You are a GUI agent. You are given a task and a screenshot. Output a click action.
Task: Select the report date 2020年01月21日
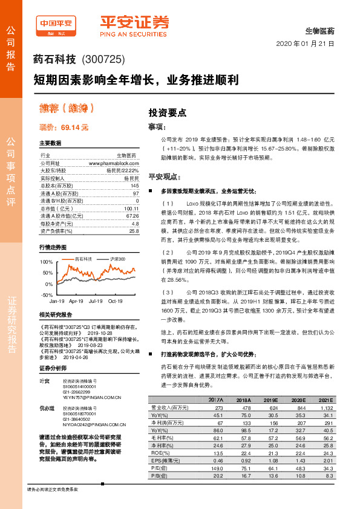point(305,44)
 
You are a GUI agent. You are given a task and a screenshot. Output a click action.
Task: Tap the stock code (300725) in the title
point(103,59)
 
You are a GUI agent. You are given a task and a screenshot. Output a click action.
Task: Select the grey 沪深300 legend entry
point(117,259)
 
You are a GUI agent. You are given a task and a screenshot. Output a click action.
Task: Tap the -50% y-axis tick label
point(47,294)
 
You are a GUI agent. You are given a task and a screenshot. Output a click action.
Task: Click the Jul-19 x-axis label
point(95,300)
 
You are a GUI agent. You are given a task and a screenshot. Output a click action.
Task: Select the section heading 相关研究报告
point(56,315)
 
